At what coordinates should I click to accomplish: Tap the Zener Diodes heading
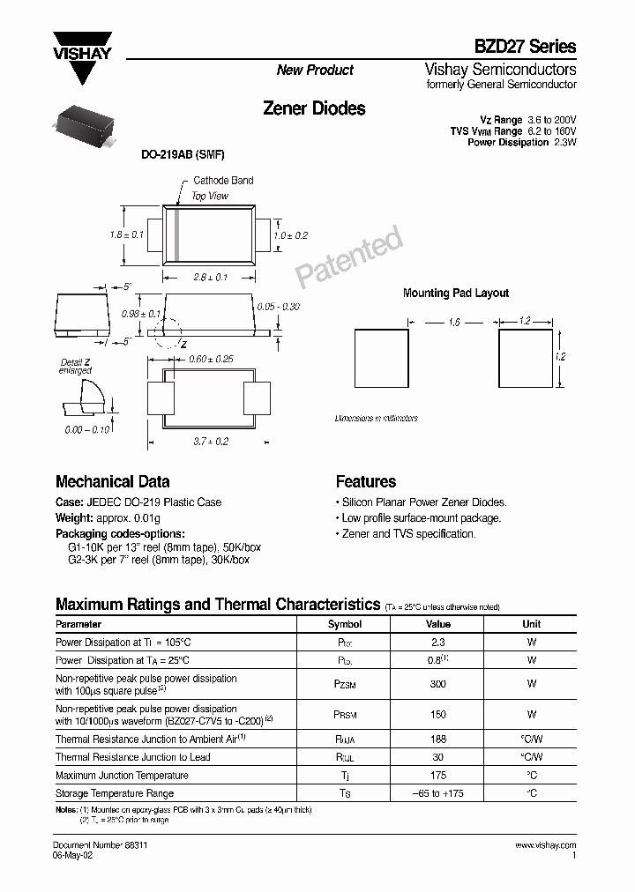(x=314, y=108)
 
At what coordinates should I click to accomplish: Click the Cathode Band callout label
(x=223, y=181)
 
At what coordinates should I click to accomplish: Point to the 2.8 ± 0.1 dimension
(x=210, y=277)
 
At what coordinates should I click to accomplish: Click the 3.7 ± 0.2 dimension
(x=210, y=441)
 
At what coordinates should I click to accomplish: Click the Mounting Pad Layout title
(x=455, y=294)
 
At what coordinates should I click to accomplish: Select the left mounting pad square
(x=381, y=357)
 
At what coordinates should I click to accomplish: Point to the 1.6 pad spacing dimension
(x=453, y=323)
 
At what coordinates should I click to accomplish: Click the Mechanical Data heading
(x=112, y=482)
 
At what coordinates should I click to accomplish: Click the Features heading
(x=366, y=482)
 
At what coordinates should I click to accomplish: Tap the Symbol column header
(x=345, y=624)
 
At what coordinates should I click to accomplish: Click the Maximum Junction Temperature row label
(x=122, y=776)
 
